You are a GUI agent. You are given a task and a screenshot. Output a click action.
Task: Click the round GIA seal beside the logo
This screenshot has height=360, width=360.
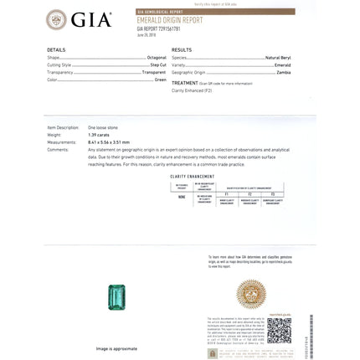(x=57, y=20)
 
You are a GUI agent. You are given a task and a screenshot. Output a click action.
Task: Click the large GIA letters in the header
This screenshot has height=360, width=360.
(x=91, y=20)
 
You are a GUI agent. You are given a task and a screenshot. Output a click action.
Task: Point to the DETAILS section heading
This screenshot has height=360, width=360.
(x=56, y=50)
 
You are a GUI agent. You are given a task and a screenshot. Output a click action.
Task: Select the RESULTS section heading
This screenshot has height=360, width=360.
(x=182, y=50)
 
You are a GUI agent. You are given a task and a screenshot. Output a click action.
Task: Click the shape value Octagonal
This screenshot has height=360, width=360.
(x=157, y=57)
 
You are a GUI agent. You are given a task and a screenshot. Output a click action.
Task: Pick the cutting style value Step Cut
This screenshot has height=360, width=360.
(x=158, y=64)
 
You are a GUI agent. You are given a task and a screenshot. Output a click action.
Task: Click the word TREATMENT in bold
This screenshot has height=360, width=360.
(x=184, y=83)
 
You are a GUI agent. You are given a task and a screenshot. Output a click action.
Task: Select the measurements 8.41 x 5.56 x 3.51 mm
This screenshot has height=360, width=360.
(x=111, y=141)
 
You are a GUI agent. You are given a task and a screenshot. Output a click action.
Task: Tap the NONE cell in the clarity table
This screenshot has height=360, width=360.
(x=182, y=198)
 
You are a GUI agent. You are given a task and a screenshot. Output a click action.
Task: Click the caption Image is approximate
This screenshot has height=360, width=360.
(x=116, y=347)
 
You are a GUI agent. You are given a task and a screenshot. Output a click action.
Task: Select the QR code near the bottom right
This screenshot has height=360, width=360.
(x=279, y=329)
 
